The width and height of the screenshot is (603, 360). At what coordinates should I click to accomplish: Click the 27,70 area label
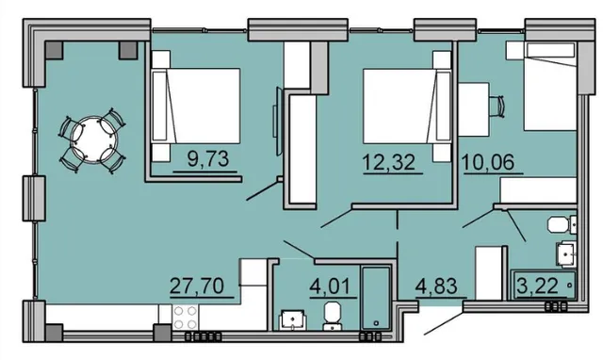point(197,286)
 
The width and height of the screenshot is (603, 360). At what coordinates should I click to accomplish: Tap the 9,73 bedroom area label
point(208,159)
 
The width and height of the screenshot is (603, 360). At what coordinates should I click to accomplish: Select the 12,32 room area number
point(389,162)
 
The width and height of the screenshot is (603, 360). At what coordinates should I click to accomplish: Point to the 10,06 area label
point(488,162)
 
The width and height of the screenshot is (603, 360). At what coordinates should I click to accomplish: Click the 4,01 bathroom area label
point(331,286)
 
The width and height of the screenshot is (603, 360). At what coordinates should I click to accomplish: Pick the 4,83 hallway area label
point(436,286)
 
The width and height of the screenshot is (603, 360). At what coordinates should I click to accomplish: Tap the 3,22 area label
point(538,286)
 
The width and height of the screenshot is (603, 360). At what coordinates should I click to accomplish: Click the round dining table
point(92,139)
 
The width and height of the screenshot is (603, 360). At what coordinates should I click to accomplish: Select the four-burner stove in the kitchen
point(185,317)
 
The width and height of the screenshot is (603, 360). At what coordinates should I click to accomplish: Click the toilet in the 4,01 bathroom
point(333,316)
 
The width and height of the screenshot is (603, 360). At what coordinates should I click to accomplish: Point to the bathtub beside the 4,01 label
point(376,297)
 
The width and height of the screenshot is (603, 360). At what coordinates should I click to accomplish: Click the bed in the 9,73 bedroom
point(196,106)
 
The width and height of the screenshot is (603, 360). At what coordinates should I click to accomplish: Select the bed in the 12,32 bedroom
point(407,106)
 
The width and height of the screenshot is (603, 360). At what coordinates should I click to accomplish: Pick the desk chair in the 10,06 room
point(497,105)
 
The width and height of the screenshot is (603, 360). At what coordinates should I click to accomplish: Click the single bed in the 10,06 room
point(550,87)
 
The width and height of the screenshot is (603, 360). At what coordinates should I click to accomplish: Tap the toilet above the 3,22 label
point(562,224)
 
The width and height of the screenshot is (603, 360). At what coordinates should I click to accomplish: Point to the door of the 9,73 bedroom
point(262,190)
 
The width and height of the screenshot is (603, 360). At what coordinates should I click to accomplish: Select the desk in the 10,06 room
point(474,109)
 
